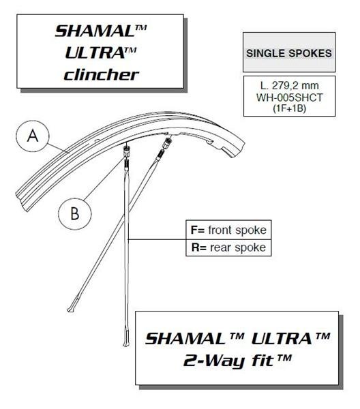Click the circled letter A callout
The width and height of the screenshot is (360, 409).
33,136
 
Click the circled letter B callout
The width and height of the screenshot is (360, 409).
74,213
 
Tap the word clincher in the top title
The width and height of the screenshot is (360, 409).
101,75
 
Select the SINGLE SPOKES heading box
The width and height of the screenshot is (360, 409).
289,52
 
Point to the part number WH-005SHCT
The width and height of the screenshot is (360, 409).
289,97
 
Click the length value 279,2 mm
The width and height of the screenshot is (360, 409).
295,86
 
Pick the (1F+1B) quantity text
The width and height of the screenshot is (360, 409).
289,108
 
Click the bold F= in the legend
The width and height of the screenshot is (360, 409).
198,230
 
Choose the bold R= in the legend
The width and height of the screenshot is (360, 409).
199,247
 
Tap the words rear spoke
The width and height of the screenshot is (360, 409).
238,248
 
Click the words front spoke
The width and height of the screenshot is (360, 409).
237,230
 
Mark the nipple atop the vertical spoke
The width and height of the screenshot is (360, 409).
126,151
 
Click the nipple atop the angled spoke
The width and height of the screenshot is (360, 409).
167,142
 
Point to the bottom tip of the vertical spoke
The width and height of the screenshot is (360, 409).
126,345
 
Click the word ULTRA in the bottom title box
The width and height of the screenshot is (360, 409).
282,339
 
